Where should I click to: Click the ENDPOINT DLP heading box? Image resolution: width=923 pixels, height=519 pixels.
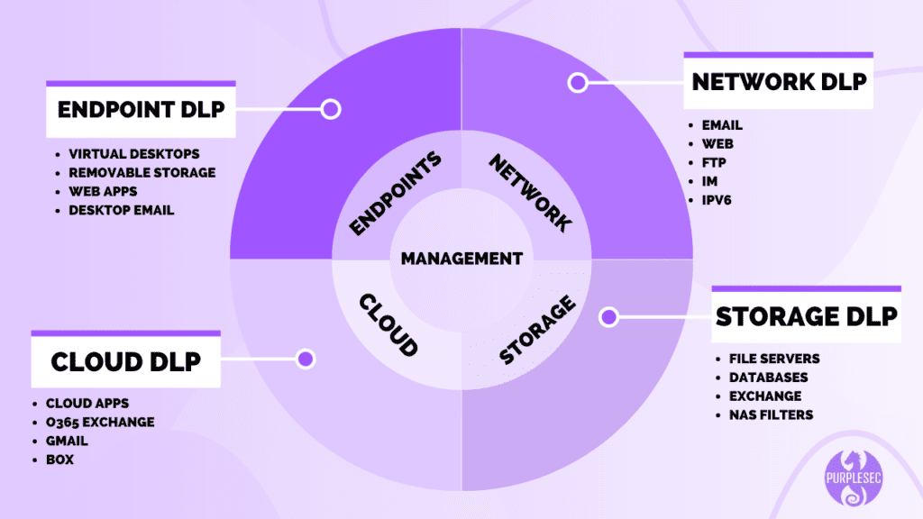(x=141, y=110)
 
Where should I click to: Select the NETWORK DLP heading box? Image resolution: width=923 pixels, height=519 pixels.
(x=778, y=82)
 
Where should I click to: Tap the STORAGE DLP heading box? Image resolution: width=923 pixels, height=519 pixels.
(x=806, y=316)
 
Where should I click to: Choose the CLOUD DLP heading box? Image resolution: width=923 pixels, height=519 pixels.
(x=125, y=361)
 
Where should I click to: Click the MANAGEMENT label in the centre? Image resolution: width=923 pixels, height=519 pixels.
(x=461, y=259)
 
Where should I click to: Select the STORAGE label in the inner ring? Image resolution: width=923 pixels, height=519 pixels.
(x=537, y=330)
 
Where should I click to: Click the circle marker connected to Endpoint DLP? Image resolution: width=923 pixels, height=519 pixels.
(x=331, y=110)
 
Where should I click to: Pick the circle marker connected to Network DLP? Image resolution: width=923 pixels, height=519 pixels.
(x=577, y=83)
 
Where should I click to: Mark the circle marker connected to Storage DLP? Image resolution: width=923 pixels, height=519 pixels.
(x=608, y=317)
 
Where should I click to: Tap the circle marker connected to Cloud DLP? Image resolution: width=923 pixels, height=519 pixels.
(x=306, y=359)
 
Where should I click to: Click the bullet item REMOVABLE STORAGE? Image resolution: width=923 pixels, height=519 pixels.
(x=142, y=172)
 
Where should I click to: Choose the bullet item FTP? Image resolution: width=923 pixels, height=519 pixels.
(x=715, y=162)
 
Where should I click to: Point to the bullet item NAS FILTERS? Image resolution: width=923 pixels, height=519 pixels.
(x=771, y=414)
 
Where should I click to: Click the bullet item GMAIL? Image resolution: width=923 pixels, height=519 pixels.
(x=68, y=441)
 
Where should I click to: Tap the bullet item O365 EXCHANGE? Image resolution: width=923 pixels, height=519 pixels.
(x=99, y=422)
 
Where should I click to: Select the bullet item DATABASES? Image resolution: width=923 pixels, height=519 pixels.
(x=768, y=378)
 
